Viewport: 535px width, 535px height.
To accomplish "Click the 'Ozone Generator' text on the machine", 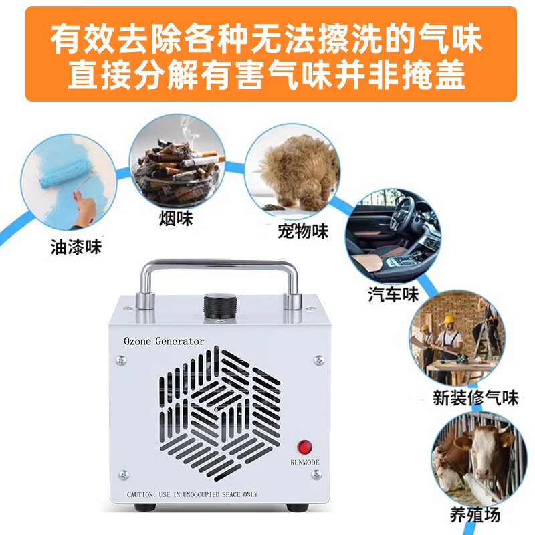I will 164,341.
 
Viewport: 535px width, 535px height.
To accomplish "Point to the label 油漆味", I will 76,247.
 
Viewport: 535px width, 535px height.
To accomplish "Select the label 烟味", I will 176,218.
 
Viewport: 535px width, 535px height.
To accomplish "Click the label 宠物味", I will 303,231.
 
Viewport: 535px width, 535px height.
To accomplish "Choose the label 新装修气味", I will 475,397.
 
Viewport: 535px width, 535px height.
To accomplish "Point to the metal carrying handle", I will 219,267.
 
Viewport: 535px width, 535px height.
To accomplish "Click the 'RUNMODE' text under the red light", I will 305,462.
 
